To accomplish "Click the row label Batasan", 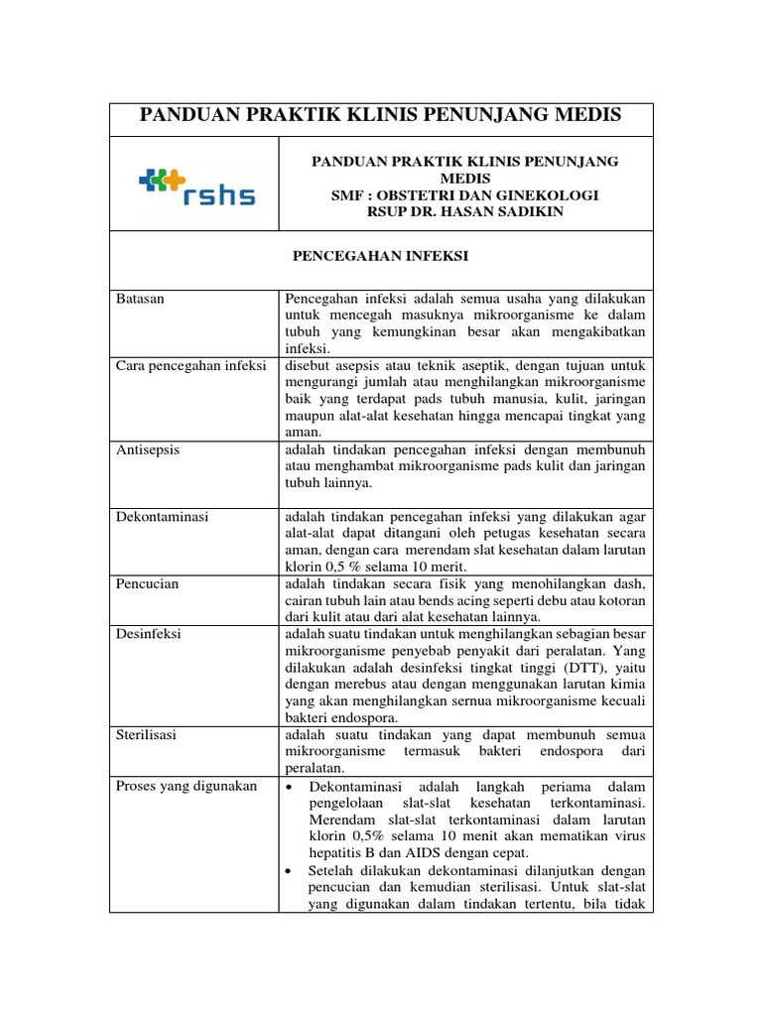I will (138, 298).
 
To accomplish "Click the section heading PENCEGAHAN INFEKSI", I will (379, 256).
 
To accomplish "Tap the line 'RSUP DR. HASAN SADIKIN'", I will (465, 211).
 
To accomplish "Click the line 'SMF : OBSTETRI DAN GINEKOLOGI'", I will (465, 194).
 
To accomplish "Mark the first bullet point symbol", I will (288, 787).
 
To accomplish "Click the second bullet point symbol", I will (288, 871).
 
